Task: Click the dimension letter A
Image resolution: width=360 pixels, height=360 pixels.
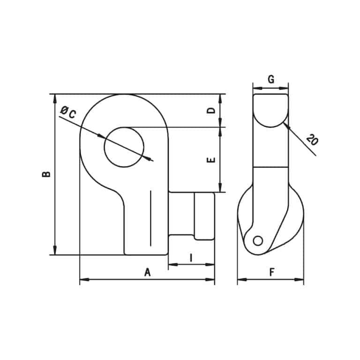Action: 147,272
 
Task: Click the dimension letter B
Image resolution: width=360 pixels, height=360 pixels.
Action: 46,174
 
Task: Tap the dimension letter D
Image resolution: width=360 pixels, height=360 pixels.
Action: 211,111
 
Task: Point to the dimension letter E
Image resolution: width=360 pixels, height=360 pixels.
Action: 211,159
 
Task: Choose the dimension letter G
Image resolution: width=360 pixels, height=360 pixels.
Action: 270,79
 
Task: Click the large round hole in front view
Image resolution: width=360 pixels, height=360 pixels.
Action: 124,147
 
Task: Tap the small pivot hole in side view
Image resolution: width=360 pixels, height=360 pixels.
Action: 257,240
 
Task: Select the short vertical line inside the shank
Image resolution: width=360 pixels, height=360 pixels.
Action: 151,218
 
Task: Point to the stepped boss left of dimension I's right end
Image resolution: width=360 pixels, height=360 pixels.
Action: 205,216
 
